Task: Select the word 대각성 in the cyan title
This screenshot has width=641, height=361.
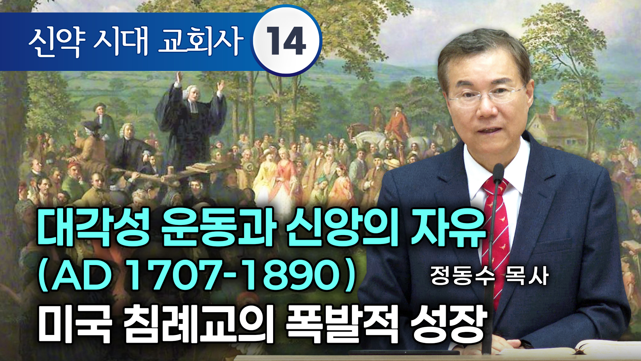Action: [93, 228]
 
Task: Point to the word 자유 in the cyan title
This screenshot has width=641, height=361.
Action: [447, 228]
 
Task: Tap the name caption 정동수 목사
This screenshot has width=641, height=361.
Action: [489, 276]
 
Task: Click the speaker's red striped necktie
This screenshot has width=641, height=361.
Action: [497, 234]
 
